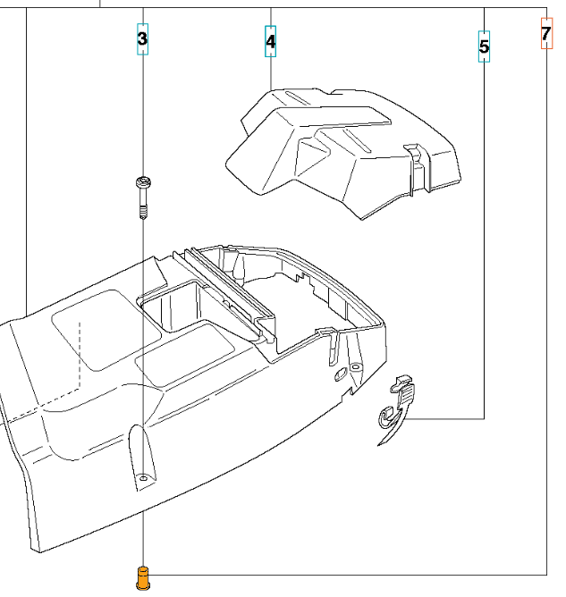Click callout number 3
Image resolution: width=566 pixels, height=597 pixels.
(x=142, y=38)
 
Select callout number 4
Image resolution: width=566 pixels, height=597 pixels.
(x=270, y=41)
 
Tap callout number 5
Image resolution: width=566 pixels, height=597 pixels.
(x=484, y=46)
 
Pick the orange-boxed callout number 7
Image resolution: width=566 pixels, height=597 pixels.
(x=546, y=33)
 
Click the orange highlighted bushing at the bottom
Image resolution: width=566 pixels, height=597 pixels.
(x=142, y=579)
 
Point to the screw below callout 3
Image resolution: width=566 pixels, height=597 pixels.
(x=143, y=198)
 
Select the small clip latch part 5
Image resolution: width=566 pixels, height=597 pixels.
(x=397, y=409)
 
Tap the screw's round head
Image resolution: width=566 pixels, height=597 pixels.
(x=143, y=182)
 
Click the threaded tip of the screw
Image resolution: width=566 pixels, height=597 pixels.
(x=143, y=213)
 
